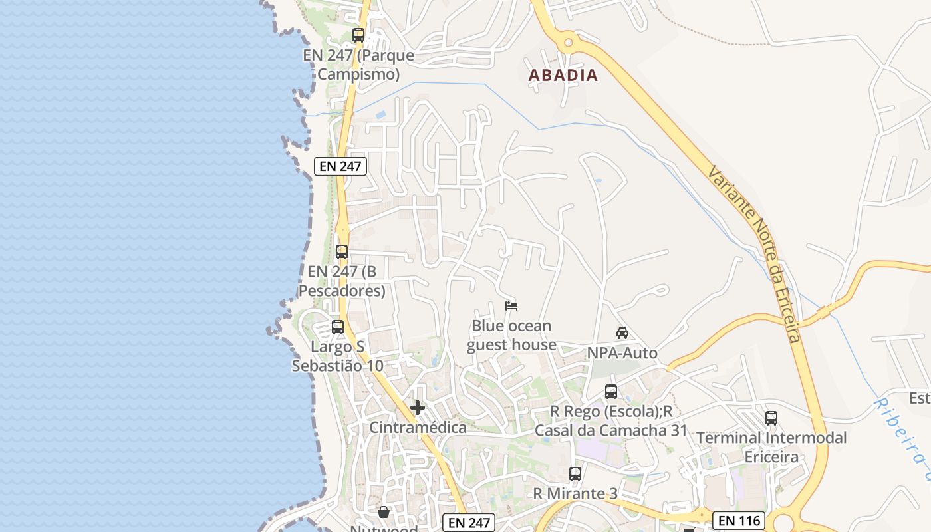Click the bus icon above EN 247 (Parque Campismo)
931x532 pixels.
pos(358,35)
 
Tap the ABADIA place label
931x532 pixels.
pos(563,76)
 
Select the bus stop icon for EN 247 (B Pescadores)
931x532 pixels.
pos(342,252)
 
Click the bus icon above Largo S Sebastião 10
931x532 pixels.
pos(338,327)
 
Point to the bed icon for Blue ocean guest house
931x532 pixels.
pos(511,306)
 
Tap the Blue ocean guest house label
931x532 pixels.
pos(511,335)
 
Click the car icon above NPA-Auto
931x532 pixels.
pos(622,333)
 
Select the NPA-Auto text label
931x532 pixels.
pos(622,353)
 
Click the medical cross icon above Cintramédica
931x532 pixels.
pos(418,408)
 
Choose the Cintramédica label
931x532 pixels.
pos(418,428)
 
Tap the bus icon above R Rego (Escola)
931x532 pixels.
pos(611,392)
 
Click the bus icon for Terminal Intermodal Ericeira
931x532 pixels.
pos(771,418)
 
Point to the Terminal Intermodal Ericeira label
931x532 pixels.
pos(771,448)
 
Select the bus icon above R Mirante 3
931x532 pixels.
pos(575,474)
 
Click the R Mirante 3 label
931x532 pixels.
pos(575,493)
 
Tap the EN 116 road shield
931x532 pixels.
pos(739,520)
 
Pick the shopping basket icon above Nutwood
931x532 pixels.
pos(384,512)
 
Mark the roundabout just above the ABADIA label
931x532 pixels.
pos(568,43)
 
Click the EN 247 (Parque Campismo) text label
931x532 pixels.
pos(358,65)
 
